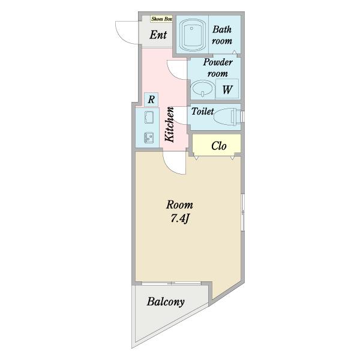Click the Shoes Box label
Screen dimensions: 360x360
(x=161, y=19)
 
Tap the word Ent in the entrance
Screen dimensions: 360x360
(x=158, y=35)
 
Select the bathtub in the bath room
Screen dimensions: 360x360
(x=192, y=34)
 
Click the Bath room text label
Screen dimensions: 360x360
(x=222, y=35)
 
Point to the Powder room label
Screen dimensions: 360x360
(x=218, y=68)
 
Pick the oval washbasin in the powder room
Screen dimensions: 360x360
(x=202, y=88)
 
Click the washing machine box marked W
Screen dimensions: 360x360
(x=227, y=89)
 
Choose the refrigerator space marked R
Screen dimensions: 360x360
(x=151, y=100)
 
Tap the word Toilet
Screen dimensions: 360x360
(x=202, y=112)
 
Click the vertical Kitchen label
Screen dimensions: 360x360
(x=170, y=124)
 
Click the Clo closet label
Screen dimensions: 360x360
(x=219, y=146)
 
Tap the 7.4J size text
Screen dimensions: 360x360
(x=179, y=219)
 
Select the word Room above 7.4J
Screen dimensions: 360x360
(x=179, y=205)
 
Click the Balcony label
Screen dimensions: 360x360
(x=166, y=302)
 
